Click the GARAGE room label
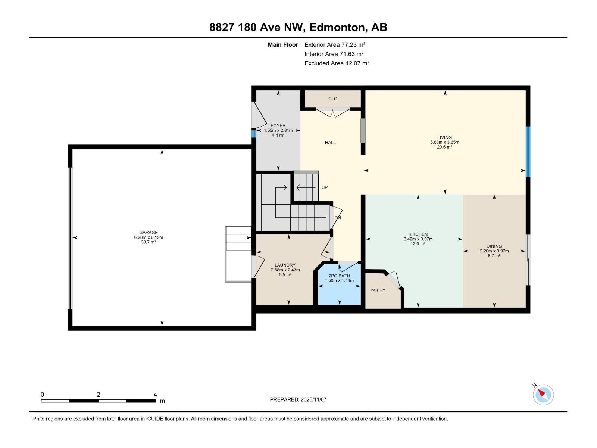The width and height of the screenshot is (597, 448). [149, 232]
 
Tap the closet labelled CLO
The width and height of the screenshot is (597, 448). [333, 99]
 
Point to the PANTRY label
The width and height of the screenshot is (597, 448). [378, 290]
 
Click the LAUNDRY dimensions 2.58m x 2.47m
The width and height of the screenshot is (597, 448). [285, 270]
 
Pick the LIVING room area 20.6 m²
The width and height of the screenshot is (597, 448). [444, 147]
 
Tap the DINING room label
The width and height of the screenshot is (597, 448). [494, 246]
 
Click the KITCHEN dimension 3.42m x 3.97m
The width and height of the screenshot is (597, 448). [418, 239]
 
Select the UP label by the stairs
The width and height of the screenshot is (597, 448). [325, 187]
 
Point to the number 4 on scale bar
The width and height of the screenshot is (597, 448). [155, 395]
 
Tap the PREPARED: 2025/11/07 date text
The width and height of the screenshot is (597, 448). [298, 399]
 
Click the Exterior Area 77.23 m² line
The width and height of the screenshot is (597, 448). [335, 44]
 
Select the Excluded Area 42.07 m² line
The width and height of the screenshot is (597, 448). [337, 63]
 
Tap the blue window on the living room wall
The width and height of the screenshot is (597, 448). [528, 152]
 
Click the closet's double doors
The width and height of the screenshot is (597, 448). [333, 112]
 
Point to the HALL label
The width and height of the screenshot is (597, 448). [330, 142]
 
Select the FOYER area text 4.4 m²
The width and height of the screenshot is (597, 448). [278, 135]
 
